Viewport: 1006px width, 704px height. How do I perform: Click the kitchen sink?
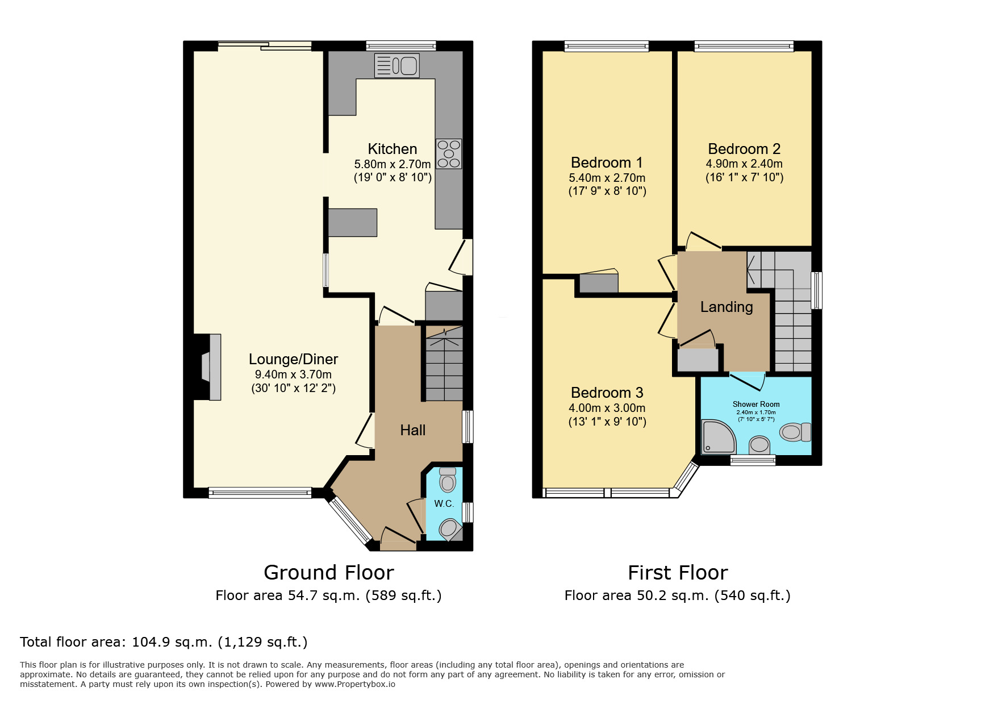pos(396,66)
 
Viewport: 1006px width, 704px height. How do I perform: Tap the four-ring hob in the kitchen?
pos(448,154)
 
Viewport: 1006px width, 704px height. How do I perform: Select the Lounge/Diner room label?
pos(293,359)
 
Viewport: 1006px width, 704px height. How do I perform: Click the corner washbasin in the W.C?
pos(449,529)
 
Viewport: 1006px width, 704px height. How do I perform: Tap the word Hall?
pos(412,430)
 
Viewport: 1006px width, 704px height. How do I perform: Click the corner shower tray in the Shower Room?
pos(717,437)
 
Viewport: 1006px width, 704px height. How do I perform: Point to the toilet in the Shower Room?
pos(795,432)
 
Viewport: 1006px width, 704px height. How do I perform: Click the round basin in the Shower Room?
pos(759,444)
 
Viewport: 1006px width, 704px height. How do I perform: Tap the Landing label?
pos(726,307)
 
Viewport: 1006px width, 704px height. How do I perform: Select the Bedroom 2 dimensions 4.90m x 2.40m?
pos(744,164)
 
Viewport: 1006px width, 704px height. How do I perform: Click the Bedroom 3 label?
pos(607,393)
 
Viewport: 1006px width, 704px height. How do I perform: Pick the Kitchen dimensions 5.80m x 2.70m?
pos(393,164)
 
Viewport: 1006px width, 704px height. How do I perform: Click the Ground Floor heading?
pos(328,572)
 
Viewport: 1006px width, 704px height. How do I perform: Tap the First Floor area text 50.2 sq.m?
pos(677,595)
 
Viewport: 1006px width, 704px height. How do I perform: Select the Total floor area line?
pos(164,642)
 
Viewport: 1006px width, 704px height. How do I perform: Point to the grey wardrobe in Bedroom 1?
pos(599,283)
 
